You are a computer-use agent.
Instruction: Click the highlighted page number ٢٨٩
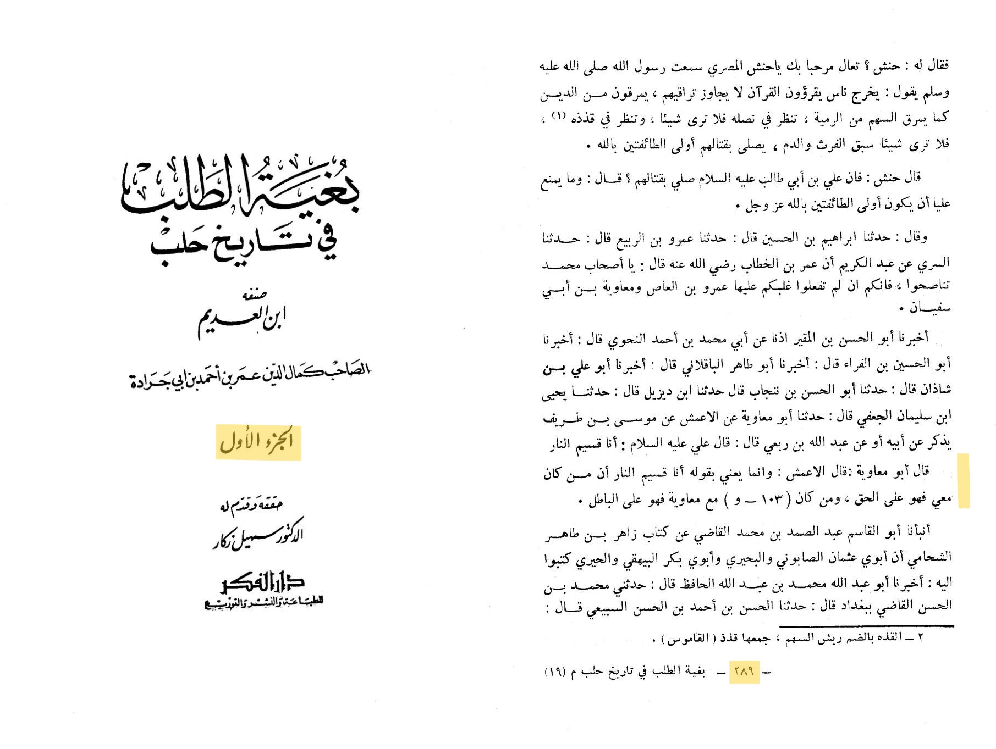click(744, 671)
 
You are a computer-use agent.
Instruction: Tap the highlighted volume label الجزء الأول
click(258, 442)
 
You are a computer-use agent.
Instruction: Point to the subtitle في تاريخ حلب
click(244, 243)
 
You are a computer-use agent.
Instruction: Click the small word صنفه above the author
click(254, 295)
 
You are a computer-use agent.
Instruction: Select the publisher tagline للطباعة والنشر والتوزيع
click(263, 602)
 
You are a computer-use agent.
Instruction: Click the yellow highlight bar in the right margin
click(963, 480)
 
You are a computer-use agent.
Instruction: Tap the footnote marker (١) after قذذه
click(558, 116)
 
